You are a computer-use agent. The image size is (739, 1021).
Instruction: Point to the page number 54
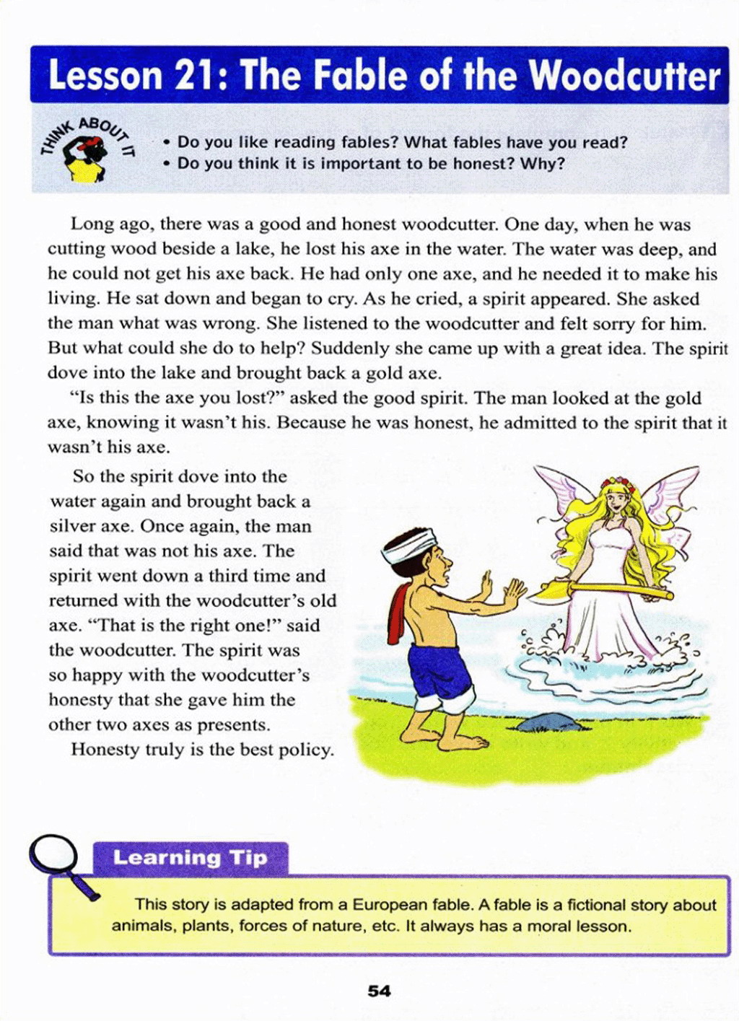click(379, 991)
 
